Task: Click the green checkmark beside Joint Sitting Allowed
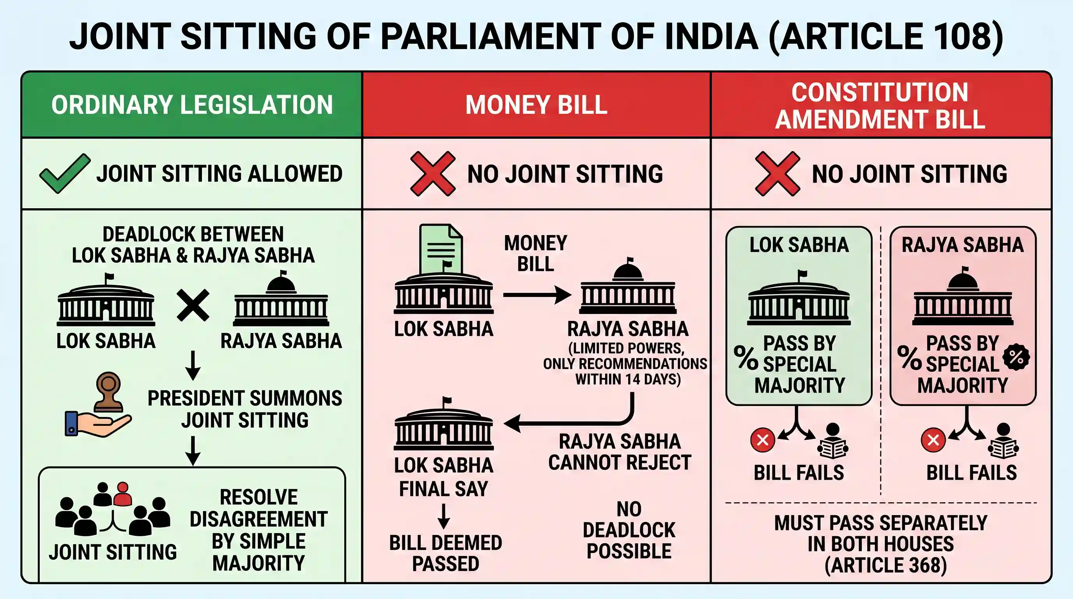(x=65, y=173)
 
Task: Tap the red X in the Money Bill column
(x=433, y=173)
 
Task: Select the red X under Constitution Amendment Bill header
(x=777, y=173)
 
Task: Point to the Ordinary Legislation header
(x=192, y=105)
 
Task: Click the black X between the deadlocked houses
(x=193, y=306)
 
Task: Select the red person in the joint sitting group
(x=122, y=494)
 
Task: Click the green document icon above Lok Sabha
(x=441, y=249)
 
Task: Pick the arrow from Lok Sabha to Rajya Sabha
(x=537, y=295)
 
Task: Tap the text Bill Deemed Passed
(x=445, y=553)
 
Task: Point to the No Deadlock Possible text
(x=629, y=530)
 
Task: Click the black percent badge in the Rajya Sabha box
(x=1016, y=357)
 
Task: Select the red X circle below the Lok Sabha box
(x=762, y=440)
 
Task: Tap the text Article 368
(x=886, y=565)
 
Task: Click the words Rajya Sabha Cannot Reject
(x=620, y=452)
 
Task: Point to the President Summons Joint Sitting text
(x=245, y=409)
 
